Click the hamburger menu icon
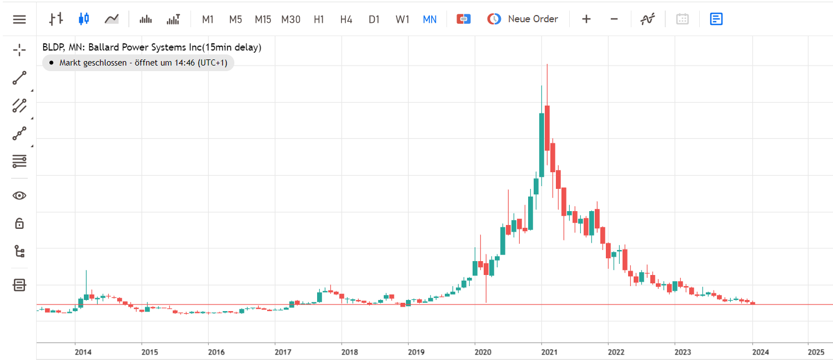click(x=19, y=19)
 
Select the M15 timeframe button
click(x=263, y=19)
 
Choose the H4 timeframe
click(x=346, y=19)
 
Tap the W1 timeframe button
click(x=402, y=19)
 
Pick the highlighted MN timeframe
click(x=429, y=19)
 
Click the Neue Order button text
click(x=533, y=19)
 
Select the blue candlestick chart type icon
click(x=84, y=18)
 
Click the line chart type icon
click(x=112, y=19)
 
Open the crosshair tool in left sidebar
click(x=19, y=50)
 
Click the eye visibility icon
click(x=19, y=196)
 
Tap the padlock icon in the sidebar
click(x=19, y=223)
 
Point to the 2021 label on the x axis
click(x=549, y=352)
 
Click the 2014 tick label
click(x=83, y=352)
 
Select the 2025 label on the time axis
click(x=816, y=352)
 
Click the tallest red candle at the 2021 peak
click(x=547, y=128)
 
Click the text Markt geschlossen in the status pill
click(x=93, y=62)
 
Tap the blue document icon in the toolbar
click(x=716, y=19)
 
